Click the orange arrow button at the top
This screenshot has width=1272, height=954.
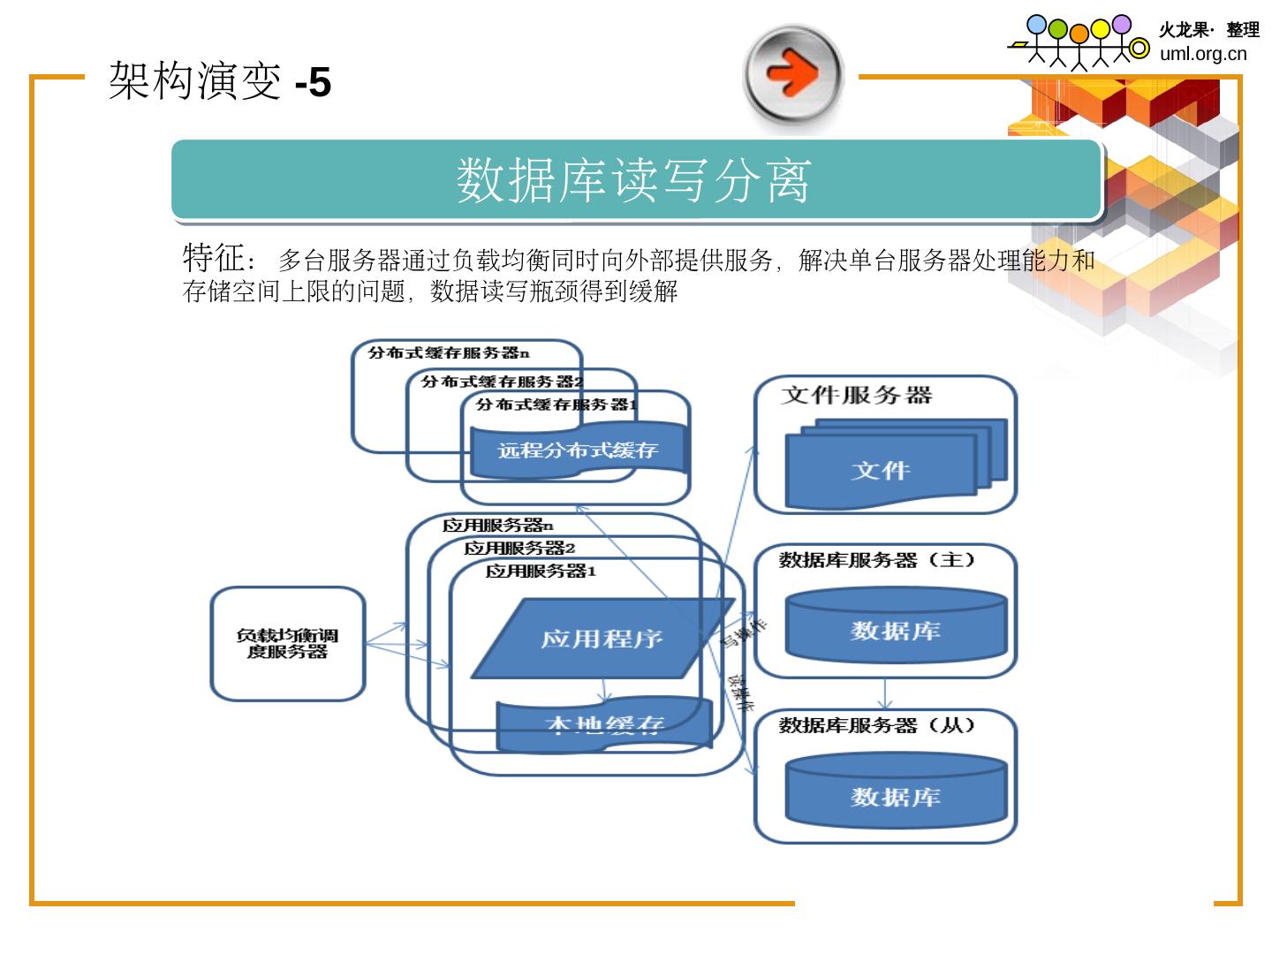[793, 74]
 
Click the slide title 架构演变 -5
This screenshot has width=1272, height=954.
[220, 82]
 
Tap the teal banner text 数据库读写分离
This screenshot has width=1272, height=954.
[633, 180]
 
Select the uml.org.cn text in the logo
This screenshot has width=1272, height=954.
[1203, 54]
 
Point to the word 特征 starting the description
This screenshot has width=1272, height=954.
[213, 259]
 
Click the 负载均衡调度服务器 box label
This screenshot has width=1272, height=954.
[287, 644]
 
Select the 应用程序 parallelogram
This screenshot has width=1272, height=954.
[602, 639]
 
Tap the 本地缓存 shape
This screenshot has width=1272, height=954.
[604, 725]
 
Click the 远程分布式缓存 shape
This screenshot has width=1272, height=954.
[578, 451]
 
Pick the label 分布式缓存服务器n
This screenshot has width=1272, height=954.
[449, 353]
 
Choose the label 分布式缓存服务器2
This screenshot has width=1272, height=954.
[502, 382]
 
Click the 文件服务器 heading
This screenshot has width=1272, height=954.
[856, 395]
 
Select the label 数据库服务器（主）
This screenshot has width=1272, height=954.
[876, 560]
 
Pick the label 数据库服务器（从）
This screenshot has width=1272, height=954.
[876, 725]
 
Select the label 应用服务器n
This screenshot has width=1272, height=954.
[497, 526]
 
